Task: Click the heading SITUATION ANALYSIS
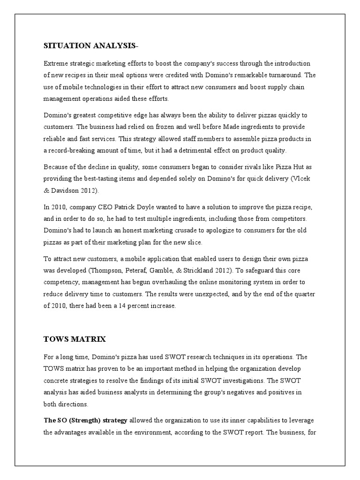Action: (91, 45)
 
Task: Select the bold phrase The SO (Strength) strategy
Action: (85, 420)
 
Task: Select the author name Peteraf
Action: (141, 270)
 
